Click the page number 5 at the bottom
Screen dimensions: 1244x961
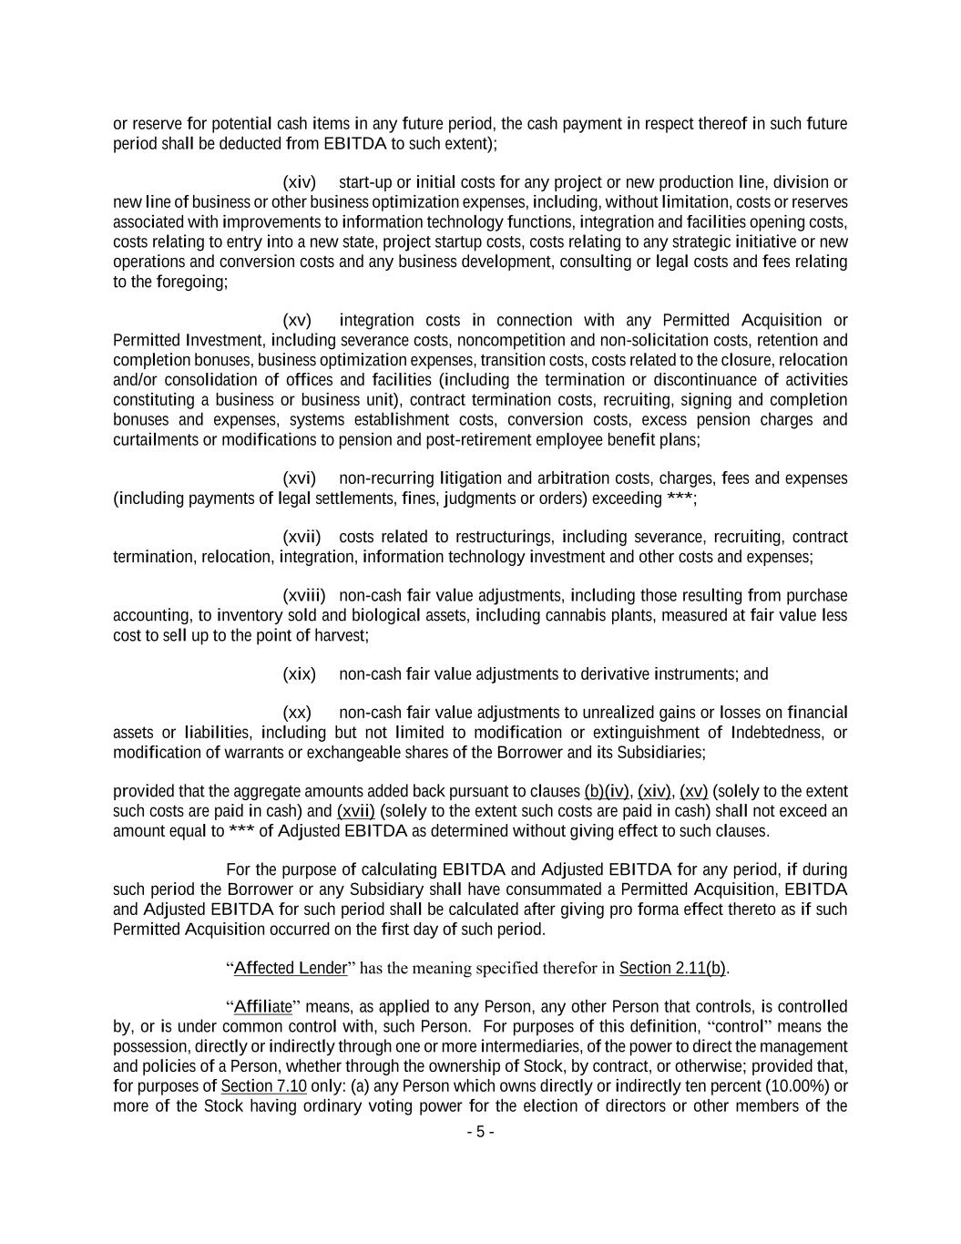[480, 1132]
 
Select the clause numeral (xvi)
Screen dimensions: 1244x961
[299, 478]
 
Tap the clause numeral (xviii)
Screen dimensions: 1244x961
[303, 595]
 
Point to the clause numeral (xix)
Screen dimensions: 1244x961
[299, 674]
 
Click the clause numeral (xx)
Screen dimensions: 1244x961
[297, 713]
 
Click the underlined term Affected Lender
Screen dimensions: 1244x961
[291, 968]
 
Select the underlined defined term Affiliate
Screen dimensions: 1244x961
[263, 1007]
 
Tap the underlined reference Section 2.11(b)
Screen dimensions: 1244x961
[672, 968]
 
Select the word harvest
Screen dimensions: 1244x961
[341, 635]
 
